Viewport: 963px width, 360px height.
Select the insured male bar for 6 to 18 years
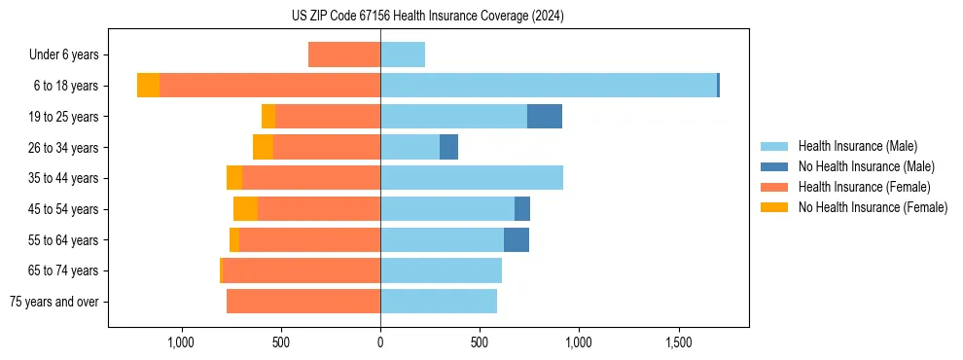(548, 86)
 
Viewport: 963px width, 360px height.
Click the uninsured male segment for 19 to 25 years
(545, 117)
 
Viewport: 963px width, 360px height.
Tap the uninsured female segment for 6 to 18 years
(148, 86)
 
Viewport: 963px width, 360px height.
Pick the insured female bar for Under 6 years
(344, 54)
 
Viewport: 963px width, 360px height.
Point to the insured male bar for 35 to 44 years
(472, 178)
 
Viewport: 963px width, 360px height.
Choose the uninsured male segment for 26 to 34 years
(448, 147)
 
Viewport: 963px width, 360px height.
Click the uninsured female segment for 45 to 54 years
(245, 209)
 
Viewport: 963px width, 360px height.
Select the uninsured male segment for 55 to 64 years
(517, 239)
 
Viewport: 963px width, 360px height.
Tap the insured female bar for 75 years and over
(303, 302)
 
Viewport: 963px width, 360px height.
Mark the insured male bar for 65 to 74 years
(441, 270)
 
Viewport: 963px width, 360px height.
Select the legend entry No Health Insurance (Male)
(864, 166)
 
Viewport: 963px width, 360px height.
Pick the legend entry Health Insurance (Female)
(864, 187)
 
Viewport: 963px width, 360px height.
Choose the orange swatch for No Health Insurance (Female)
(775, 207)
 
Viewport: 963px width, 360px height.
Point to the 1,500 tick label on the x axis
(679, 342)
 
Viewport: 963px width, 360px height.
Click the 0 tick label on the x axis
(380, 342)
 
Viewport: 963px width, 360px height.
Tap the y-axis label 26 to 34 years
(63, 148)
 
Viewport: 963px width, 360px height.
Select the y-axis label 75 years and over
(53, 302)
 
